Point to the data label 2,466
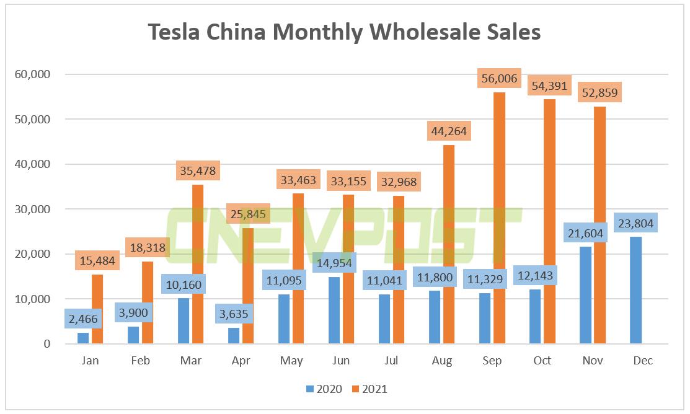pyautogui.click(x=83, y=319)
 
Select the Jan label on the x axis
pyautogui.click(x=90, y=361)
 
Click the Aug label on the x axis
pyautogui.click(x=441, y=361)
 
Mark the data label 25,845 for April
pyautogui.click(x=248, y=215)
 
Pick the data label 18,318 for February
pyautogui.click(x=148, y=247)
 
